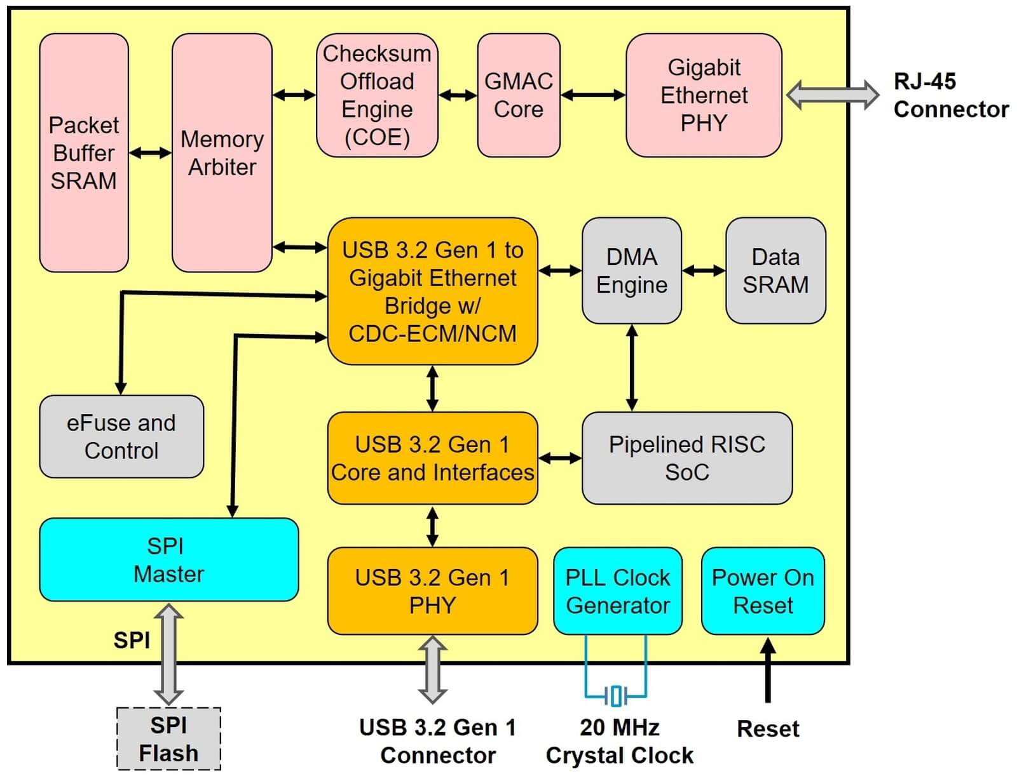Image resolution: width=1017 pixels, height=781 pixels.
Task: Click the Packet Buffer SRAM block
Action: (84, 152)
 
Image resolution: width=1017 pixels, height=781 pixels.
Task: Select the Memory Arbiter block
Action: (222, 152)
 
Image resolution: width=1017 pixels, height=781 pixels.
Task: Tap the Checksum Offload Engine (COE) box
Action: (377, 95)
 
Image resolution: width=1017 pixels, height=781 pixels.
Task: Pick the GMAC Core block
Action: (519, 95)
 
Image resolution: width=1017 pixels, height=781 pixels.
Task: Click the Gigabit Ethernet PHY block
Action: (704, 95)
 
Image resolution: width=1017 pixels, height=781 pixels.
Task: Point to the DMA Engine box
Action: (632, 270)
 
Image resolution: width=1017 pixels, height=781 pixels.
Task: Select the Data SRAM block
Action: (776, 270)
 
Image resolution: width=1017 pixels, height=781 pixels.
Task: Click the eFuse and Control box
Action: (121, 437)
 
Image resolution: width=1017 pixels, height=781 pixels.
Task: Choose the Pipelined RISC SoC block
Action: (687, 458)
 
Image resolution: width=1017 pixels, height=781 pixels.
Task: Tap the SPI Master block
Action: (169, 559)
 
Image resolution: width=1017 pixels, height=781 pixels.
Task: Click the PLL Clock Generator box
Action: (618, 591)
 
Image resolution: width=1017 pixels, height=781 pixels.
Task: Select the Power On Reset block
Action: (763, 591)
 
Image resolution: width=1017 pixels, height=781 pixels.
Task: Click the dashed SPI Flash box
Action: (169, 739)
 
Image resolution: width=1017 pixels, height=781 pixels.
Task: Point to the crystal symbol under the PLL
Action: (617, 696)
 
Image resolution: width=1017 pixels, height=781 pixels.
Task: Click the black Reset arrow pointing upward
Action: (768, 671)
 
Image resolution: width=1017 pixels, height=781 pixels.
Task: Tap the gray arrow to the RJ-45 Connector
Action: (833, 95)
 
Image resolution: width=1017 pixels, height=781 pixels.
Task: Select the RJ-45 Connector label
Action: (951, 95)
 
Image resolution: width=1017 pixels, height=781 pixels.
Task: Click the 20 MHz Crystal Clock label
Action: (620, 741)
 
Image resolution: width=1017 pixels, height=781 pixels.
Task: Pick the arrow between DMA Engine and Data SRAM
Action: (704, 270)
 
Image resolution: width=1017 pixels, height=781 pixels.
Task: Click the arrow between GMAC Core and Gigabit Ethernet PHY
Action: (593, 95)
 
